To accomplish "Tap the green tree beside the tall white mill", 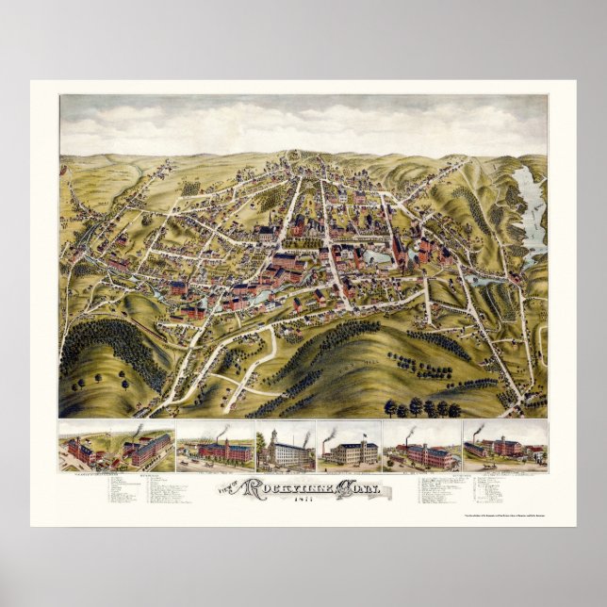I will [261, 445].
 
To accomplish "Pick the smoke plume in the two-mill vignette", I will [137, 430].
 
